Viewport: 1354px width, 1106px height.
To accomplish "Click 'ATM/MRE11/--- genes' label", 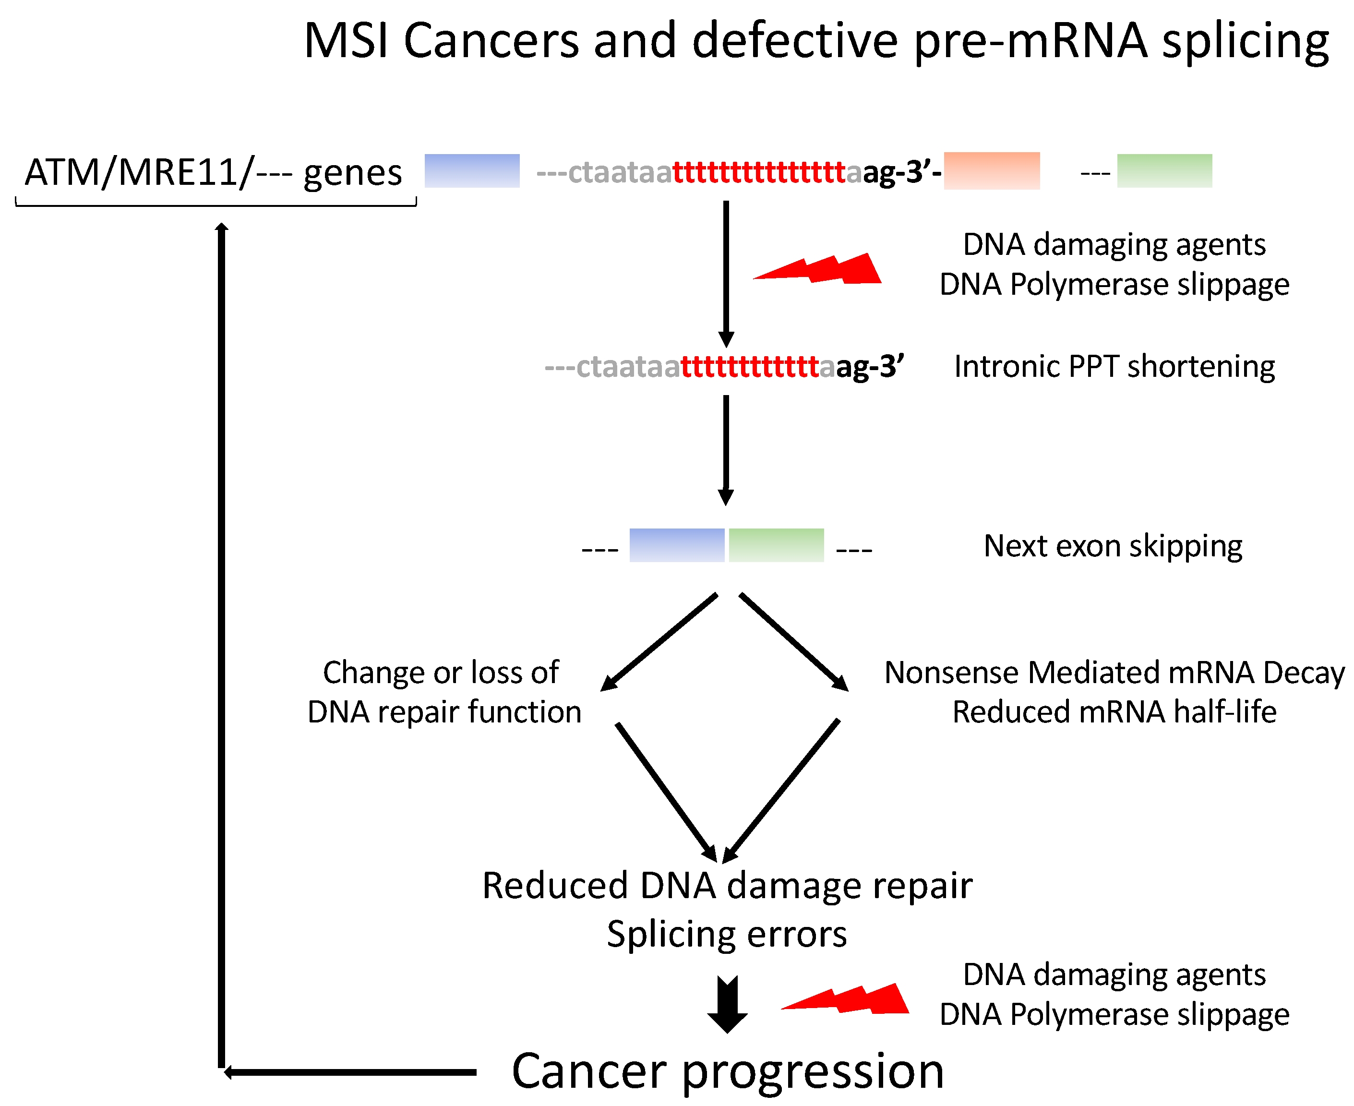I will pyautogui.click(x=214, y=173).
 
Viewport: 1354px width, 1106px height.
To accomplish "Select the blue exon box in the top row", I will pyautogui.click(x=472, y=171).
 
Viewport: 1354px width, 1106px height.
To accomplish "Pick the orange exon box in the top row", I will pyautogui.click(x=992, y=171).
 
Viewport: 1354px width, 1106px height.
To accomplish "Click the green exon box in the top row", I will pyautogui.click(x=1164, y=171).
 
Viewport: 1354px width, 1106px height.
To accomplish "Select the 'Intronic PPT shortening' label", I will pyautogui.click(x=1114, y=367).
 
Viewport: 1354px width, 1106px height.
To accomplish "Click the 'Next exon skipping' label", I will pyautogui.click(x=1113, y=546).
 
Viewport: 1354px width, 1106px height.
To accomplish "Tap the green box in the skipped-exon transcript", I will pyautogui.click(x=776, y=545).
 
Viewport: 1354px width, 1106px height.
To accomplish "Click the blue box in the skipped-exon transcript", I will pyautogui.click(x=677, y=545).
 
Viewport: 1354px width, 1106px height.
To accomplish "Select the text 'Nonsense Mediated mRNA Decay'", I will pyautogui.click(x=1114, y=673).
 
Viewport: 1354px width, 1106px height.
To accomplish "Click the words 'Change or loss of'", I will pyautogui.click(x=441, y=673).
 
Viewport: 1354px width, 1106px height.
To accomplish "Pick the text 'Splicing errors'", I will pyautogui.click(x=727, y=935).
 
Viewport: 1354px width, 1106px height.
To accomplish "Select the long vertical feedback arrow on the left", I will pyautogui.click(x=221, y=637).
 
